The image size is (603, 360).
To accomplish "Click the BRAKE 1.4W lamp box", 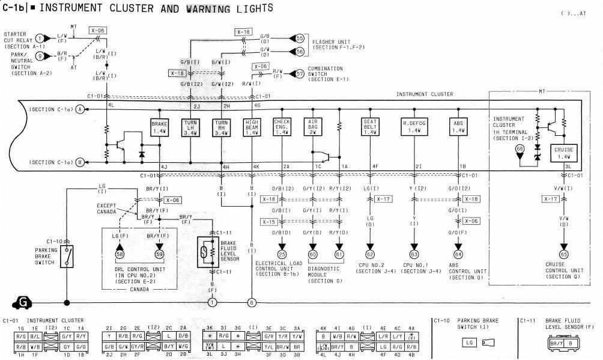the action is pyautogui.click(x=160, y=127).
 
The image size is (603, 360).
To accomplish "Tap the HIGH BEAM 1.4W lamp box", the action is pyautogui.click(x=252, y=127).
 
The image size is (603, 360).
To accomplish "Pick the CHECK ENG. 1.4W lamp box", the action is pyautogui.click(x=282, y=127).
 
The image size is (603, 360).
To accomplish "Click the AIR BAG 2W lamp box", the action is pyautogui.click(x=313, y=127).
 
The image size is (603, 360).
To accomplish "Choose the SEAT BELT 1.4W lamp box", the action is pyautogui.click(x=370, y=127).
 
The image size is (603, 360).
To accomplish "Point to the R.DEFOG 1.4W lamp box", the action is pyautogui.click(x=414, y=127).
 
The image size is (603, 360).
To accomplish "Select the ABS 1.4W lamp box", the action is pyautogui.click(x=458, y=127).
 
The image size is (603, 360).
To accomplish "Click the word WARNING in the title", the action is pyautogui.click(x=208, y=8).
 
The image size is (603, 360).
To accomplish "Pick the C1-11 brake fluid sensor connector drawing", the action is pyautogui.click(x=561, y=344).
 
